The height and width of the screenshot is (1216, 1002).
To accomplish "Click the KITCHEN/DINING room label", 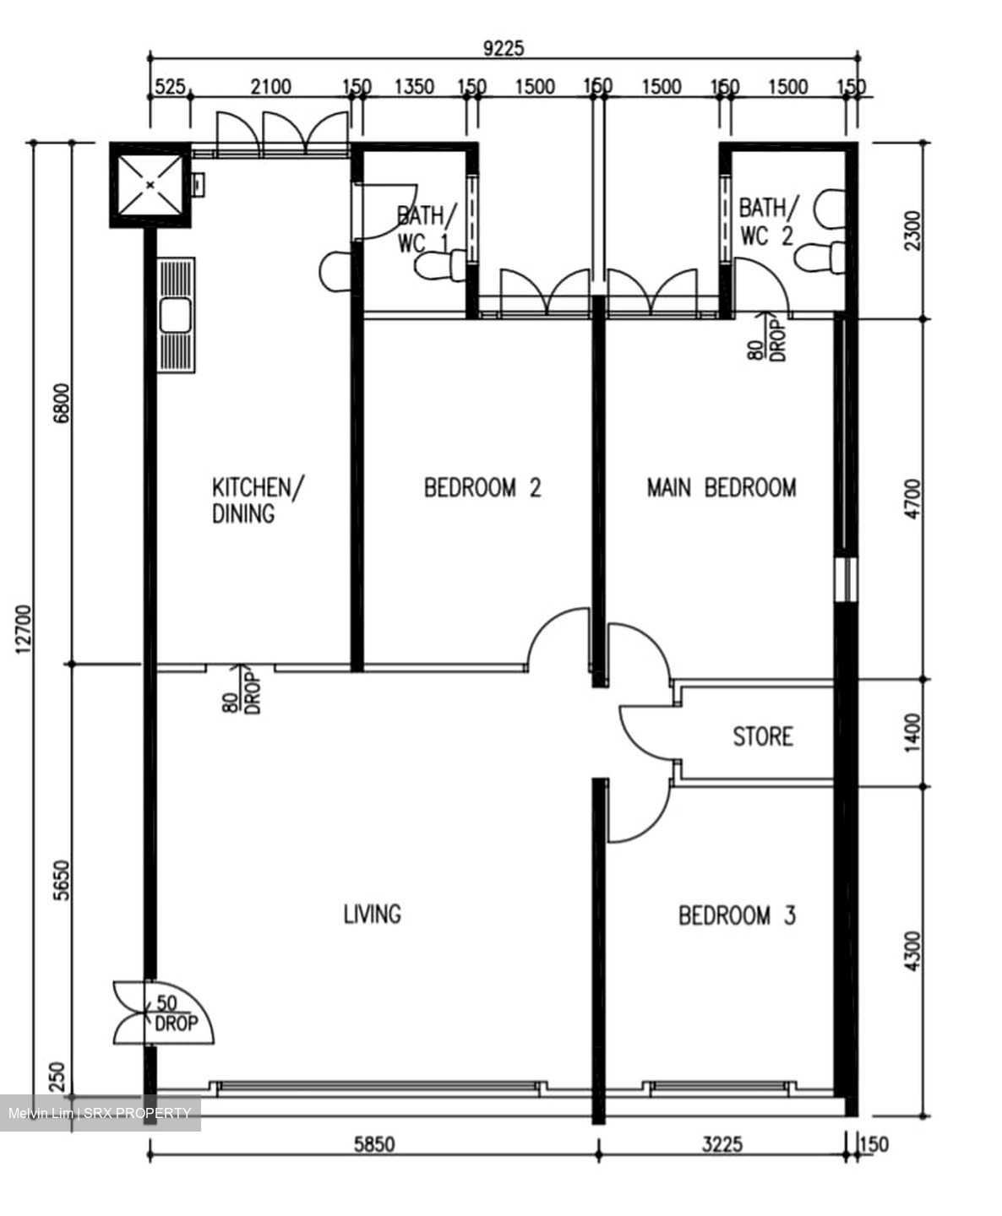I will (258, 500).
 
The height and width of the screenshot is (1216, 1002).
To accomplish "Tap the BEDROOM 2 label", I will (482, 488).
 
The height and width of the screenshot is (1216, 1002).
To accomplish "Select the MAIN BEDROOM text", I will (721, 488).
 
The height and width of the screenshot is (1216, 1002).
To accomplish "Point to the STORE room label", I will (762, 737).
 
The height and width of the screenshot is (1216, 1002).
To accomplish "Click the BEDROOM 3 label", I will (737, 915).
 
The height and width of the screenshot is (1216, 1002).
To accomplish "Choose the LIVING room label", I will (372, 914).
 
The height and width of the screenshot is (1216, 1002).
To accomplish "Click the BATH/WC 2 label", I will (767, 221).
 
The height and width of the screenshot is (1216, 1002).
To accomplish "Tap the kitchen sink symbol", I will (177, 316).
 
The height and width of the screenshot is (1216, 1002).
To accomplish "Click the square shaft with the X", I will (150, 184).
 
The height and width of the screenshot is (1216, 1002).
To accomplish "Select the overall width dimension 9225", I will (504, 48).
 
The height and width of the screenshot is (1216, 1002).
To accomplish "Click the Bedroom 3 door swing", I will (634, 815).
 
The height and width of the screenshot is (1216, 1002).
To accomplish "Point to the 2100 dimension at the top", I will (270, 87).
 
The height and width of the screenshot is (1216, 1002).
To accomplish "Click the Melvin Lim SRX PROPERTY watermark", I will (100, 1113).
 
